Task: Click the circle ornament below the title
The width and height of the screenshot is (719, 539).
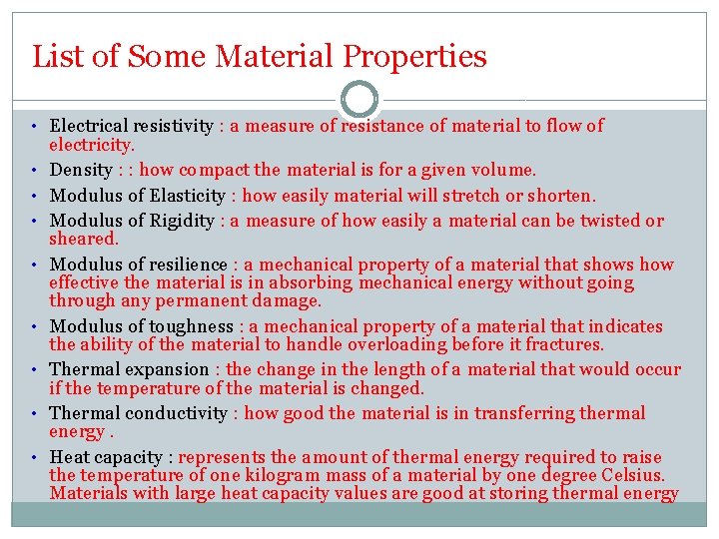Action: (x=359, y=100)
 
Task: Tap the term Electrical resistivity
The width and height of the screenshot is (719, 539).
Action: (x=131, y=126)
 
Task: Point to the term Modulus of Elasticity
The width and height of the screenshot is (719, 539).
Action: (x=139, y=196)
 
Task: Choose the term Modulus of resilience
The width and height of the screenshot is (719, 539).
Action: (x=139, y=265)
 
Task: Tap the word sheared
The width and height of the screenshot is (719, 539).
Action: (x=84, y=239)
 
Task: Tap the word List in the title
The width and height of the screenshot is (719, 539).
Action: (x=54, y=56)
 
